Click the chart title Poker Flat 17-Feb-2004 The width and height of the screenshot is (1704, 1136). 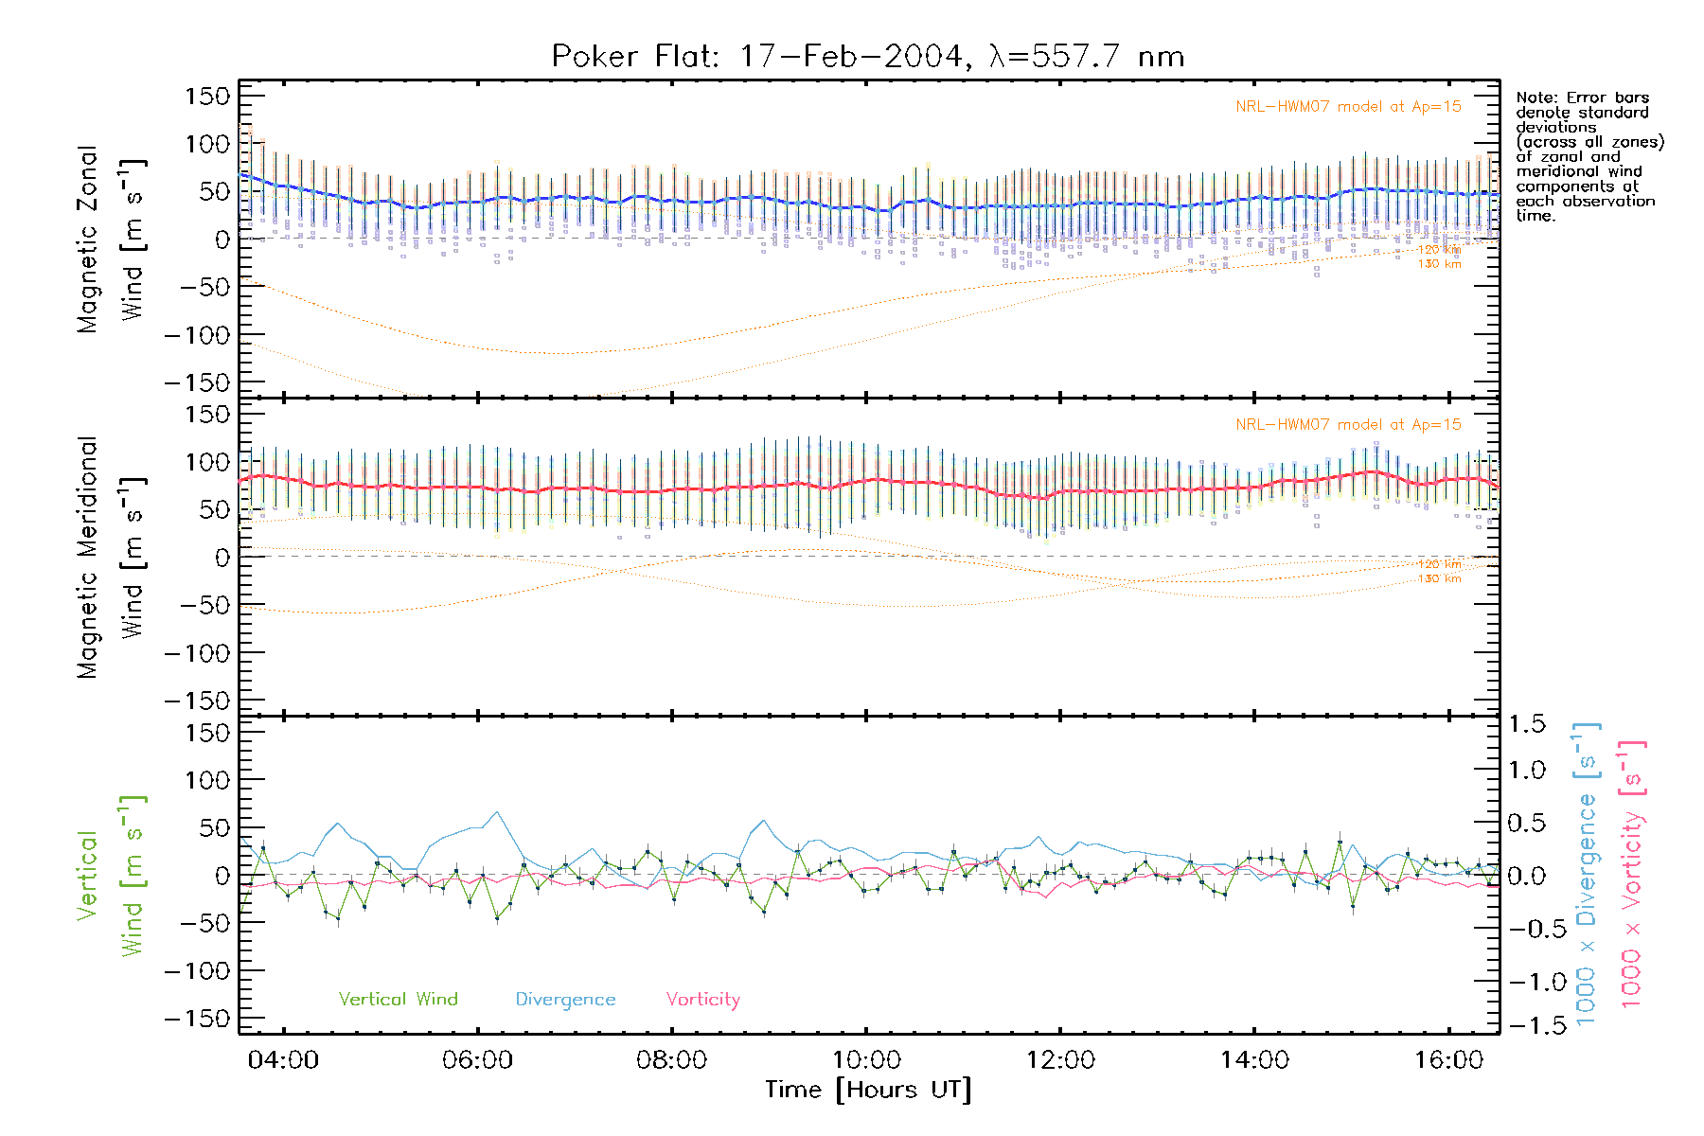tap(867, 57)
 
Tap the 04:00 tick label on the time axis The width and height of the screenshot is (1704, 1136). tap(283, 1060)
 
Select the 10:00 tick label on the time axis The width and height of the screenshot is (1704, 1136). tap(865, 1060)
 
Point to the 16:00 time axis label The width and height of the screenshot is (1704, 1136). tap(1448, 1060)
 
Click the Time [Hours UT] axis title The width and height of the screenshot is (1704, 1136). tap(868, 1090)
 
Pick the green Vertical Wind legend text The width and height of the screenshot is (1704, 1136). tap(398, 999)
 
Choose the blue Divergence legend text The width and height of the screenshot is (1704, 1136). tap(565, 1000)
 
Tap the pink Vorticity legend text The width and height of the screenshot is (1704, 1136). tap(702, 999)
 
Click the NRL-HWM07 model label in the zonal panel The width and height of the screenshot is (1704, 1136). tap(1348, 107)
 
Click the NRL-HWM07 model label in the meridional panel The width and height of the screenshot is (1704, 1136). tap(1348, 425)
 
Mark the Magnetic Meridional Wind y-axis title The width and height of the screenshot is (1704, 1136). tap(111, 558)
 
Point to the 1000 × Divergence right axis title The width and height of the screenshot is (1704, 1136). tap(1586, 874)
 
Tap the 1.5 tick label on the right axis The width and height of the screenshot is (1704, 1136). tap(1527, 724)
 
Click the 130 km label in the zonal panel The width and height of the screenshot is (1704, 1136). tap(1439, 264)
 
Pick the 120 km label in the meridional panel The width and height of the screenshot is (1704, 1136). tap(1439, 564)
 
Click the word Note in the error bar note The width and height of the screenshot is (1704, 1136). tap(1535, 98)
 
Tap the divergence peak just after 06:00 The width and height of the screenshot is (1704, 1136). tap(497, 811)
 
